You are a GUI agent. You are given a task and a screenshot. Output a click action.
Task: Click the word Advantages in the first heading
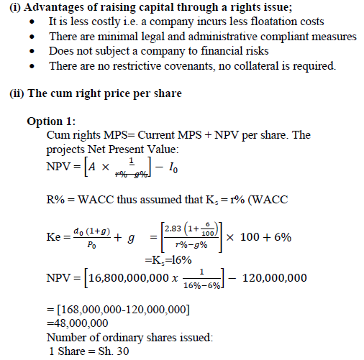(x=58, y=8)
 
